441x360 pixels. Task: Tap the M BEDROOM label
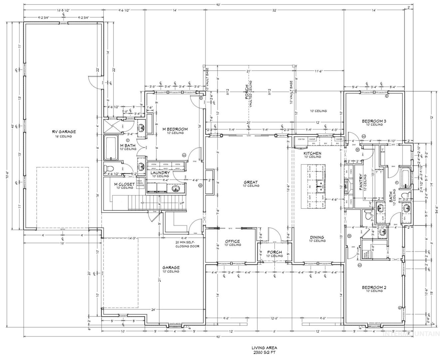click(x=175, y=129)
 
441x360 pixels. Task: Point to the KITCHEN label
click(x=312, y=153)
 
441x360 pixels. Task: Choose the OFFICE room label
click(x=232, y=241)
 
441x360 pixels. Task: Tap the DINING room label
click(x=317, y=238)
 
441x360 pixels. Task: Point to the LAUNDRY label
click(x=160, y=173)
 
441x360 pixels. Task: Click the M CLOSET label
click(x=125, y=184)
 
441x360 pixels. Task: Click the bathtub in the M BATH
click(x=110, y=148)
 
